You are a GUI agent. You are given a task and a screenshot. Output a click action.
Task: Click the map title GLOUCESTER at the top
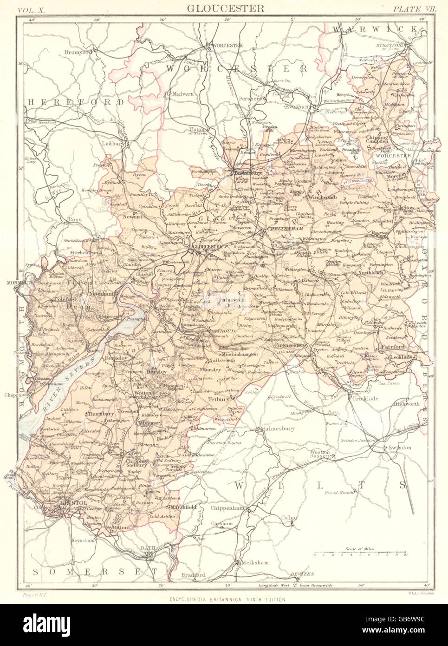226,8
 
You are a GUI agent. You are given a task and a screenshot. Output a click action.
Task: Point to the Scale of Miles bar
360,554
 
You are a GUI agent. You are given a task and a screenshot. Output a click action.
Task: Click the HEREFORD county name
75,101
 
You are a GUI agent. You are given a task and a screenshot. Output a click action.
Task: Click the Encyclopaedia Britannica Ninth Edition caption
227,600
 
